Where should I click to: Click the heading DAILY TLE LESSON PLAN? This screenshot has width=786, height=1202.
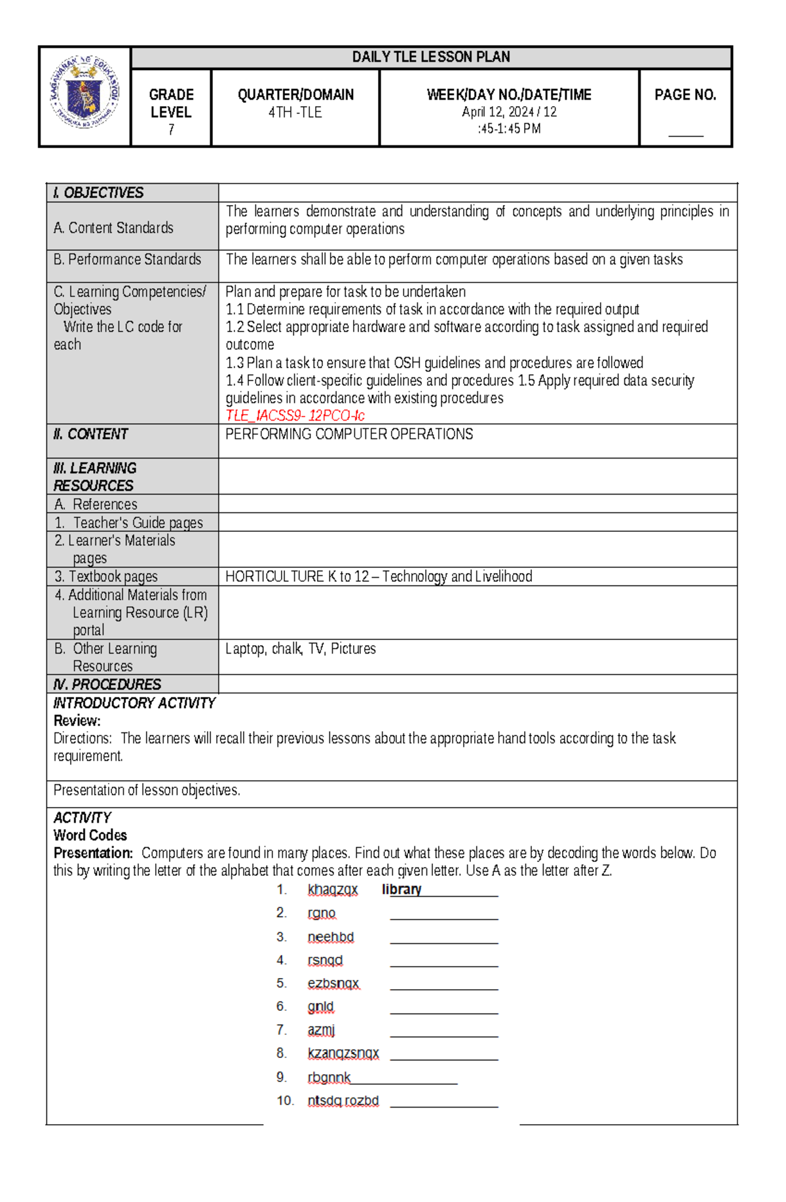[x=430, y=57]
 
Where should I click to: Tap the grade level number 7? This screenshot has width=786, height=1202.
[x=171, y=130]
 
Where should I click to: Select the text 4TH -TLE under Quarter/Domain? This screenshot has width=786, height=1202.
[x=295, y=112]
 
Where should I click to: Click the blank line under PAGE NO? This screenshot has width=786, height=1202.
[x=685, y=134]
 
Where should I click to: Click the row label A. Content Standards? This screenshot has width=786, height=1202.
[x=113, y=228]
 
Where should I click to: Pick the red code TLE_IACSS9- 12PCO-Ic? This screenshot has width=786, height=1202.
[x=295, y=415]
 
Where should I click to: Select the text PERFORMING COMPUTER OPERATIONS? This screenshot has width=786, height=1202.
[x=348, y=434]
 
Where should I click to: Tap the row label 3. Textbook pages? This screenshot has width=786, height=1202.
[x=106, y=576]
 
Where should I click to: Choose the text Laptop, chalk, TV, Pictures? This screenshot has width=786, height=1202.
[x=300, y=648]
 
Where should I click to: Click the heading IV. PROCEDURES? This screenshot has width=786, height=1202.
[x=107, y=685]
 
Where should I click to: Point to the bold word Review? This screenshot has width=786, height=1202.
[x=77, y=721]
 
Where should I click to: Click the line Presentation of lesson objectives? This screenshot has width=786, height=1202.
[x=147, y=790]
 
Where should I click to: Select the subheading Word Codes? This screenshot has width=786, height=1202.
[x=90, y=835]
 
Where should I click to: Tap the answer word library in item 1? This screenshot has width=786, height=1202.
[x=402, y=890]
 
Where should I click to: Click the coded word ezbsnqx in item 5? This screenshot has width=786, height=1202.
[x=333, y=983]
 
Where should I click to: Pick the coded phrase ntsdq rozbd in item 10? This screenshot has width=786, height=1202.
[x=343, y=1100]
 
